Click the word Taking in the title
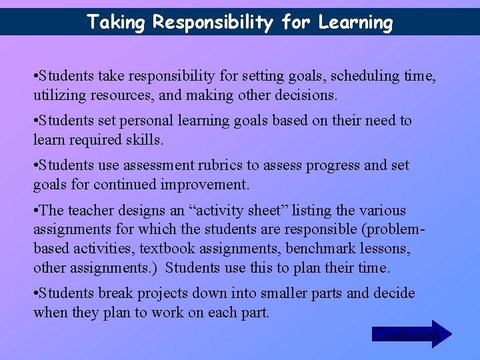[116, 23]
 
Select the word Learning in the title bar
[355, 23]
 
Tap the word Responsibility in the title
[213, 23]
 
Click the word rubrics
[213, 165]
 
